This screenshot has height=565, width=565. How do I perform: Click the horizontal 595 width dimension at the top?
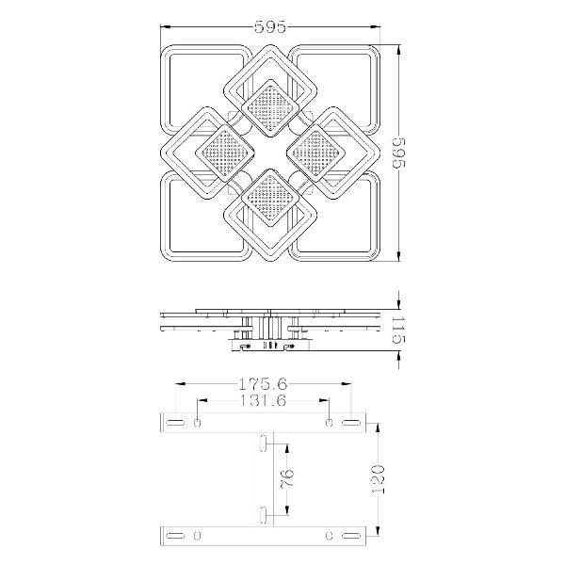click(270, 26)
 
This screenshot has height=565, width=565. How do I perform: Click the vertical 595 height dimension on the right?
click(399, 153)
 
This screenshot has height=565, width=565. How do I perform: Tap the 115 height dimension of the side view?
click(399, 330)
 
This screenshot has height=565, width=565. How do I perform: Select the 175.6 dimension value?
click(263, 384)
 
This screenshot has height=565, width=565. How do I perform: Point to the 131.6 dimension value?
click(263, 400)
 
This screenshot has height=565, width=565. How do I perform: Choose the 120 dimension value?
click(378, 479)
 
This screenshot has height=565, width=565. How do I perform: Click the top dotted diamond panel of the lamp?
click(271, 108)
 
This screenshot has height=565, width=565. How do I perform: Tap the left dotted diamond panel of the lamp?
click(225, 153)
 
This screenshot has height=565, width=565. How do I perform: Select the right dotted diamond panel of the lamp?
click(316, 153)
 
